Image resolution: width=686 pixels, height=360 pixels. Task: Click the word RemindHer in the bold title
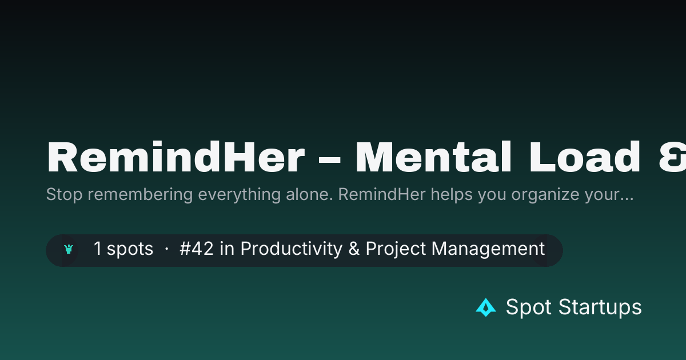(176, 157)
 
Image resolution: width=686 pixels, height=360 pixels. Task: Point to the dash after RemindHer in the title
(329, 159)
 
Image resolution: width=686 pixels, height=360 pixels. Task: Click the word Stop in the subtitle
(64, 194)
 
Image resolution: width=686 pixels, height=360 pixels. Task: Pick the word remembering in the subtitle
(140, 194)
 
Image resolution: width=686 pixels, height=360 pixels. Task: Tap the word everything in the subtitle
(240, 194)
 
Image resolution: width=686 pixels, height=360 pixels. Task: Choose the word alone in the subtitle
(309, 194)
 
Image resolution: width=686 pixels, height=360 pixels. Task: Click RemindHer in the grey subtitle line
(382, 194)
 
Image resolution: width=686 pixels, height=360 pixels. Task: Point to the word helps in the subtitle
(452, 194)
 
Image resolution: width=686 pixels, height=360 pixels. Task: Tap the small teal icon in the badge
(69, 249)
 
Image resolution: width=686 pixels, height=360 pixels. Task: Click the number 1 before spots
(97, 248)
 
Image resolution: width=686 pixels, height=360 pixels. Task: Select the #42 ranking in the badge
(196, 248)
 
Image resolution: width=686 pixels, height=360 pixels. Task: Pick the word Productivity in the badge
(292, 249)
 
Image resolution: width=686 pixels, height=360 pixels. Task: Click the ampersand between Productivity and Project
(354, 248)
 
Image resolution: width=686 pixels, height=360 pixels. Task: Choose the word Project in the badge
(396, 249)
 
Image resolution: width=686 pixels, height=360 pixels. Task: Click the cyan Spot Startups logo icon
(486, 307)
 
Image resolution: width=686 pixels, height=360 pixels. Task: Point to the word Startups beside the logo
(600, 307)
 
